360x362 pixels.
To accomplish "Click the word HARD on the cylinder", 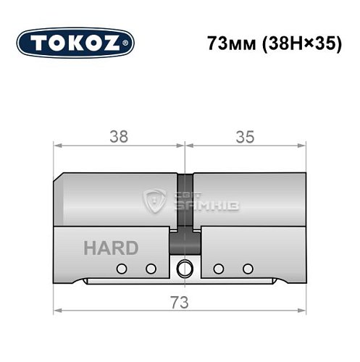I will pyautogui.click(x=110, y=248).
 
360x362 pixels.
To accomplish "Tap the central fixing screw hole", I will pyautogui.click(x=185, y=268).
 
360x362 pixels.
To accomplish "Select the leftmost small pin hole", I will pyautogui.click(x=122, y=269).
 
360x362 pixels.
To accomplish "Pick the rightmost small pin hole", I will pyautogui.click(x=248, y=269).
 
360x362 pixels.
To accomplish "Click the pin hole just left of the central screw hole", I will pyautogui.click(x=151, y=269).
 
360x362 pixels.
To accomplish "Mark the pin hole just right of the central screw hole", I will pyautogui.click(x=218, y=269).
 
